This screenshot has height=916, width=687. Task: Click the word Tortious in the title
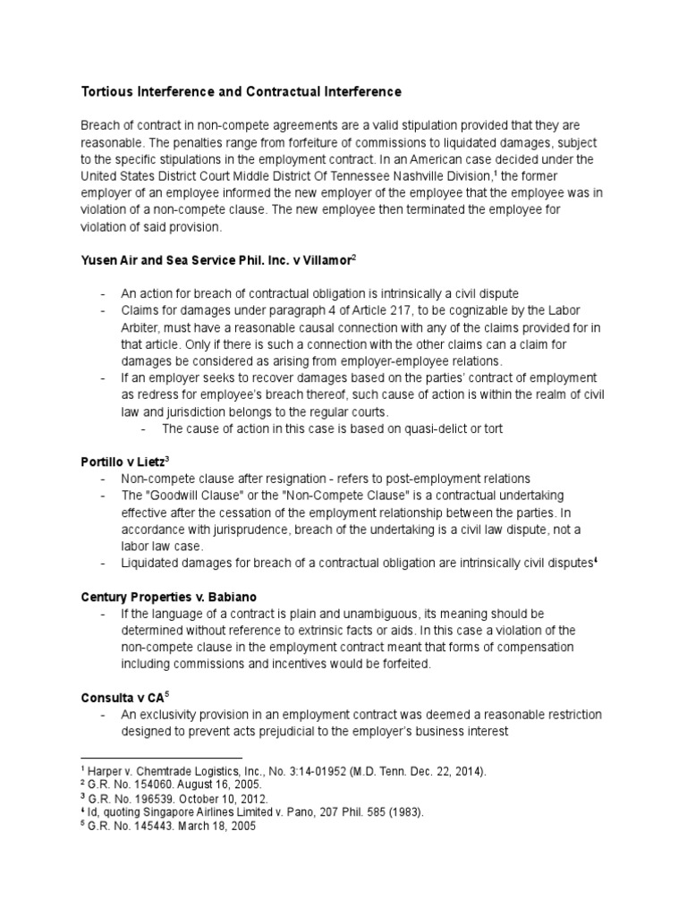108,91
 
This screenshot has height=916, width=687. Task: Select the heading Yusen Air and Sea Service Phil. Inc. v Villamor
216,259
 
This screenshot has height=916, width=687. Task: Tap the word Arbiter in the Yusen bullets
141,327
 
